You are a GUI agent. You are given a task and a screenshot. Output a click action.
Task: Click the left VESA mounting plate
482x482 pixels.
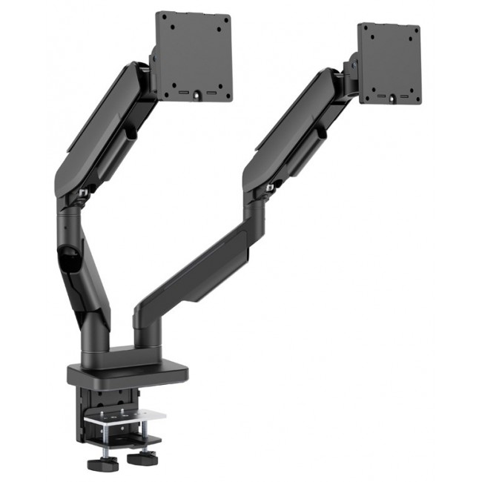coord(194,56)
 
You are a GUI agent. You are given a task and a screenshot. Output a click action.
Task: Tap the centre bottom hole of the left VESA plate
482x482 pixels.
coord(197,94)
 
